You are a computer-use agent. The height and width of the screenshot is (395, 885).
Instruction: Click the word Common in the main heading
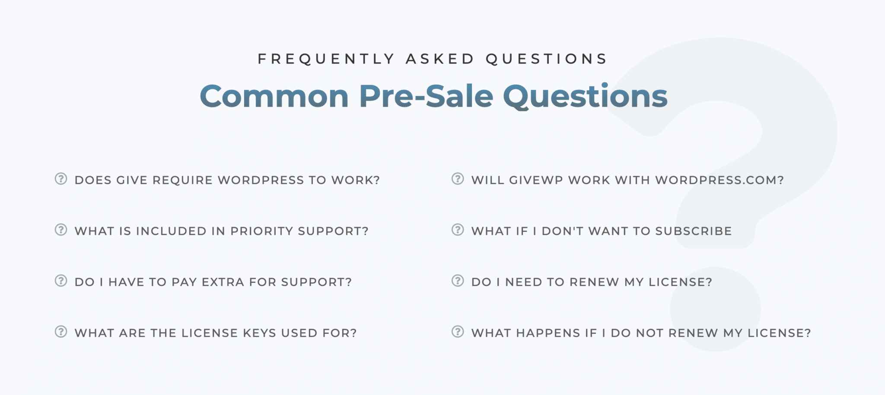(274, 96)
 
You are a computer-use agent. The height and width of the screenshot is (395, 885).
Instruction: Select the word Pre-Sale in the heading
(426, 96)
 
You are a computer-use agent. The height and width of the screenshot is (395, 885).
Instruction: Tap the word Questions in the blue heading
(585, 96)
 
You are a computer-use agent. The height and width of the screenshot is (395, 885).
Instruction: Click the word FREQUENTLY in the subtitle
(326, 59)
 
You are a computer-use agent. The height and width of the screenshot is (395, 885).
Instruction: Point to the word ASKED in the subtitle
(440, 59)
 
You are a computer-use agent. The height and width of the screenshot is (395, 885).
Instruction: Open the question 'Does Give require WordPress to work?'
(227, 180)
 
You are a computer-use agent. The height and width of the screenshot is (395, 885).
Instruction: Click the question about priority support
(221, 231)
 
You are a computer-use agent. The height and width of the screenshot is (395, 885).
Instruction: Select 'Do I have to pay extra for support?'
(213, 282)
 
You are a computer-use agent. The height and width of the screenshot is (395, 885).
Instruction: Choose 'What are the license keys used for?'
(216, 333)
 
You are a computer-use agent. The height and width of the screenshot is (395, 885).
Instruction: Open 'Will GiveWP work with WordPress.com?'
(627, 180)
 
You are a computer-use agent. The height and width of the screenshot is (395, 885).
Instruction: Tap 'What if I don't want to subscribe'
(602, 231)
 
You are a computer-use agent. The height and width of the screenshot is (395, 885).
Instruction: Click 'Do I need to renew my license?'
(592, 282)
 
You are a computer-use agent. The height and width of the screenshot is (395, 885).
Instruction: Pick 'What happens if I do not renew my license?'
(641, 333)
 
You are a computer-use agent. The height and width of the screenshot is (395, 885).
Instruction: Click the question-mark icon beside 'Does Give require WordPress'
(61, 179)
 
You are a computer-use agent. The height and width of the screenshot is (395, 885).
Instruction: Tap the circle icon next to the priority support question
(61, 230)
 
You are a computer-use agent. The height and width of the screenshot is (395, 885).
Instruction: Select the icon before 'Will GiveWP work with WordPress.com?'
(458, 179)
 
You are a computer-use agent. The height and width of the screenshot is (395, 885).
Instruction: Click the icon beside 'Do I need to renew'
(458, 281)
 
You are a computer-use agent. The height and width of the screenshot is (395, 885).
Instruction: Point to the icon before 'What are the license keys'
(61, 332)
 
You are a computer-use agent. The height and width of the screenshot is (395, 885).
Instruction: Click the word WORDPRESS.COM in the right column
(719, 180)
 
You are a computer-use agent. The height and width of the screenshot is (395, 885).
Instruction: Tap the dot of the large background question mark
(715, 309)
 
